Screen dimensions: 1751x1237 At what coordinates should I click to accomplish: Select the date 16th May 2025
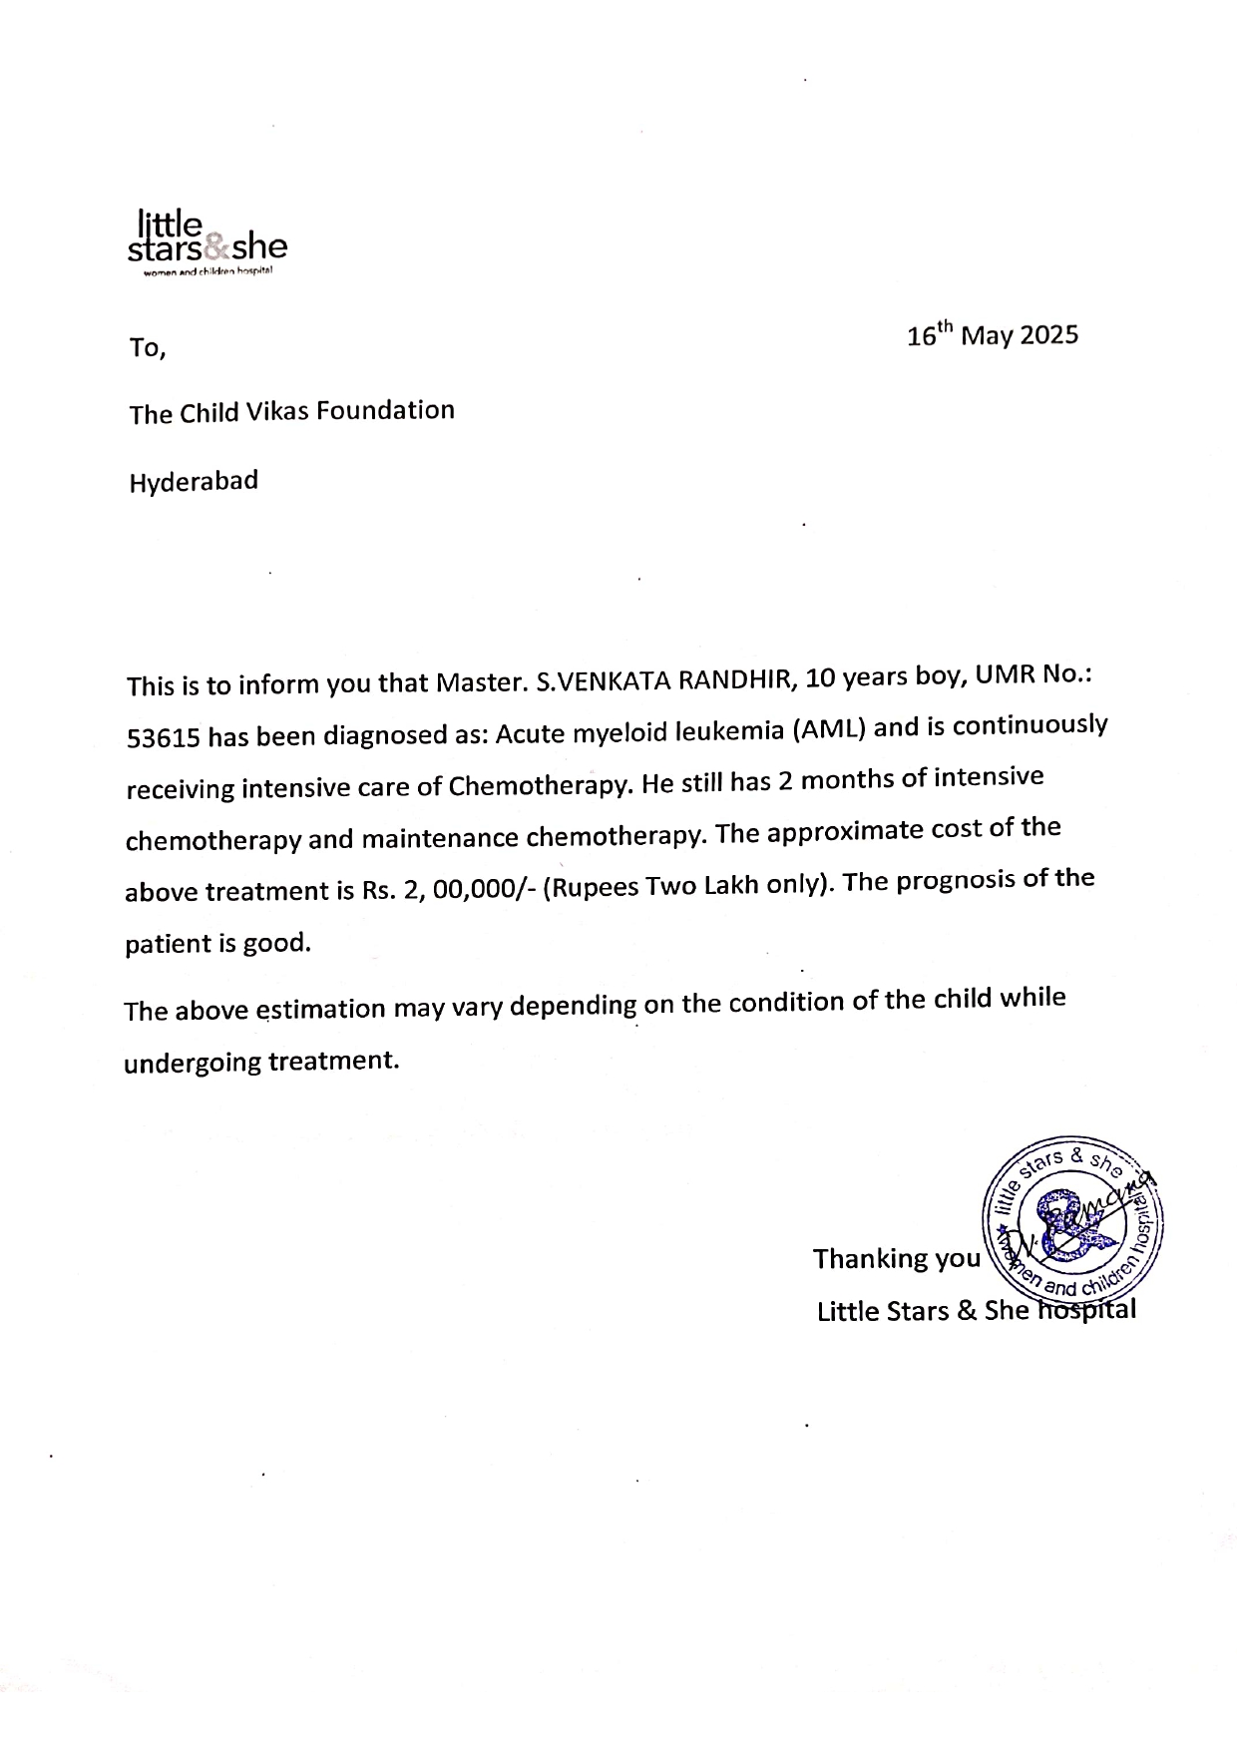coord(992,334)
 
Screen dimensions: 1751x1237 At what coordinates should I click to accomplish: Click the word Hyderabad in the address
coord(194,482)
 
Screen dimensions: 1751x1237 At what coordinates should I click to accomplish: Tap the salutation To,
coord(147,348)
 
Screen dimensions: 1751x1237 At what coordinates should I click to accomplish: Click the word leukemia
coord(730,731)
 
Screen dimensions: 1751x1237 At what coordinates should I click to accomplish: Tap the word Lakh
coord(732,885)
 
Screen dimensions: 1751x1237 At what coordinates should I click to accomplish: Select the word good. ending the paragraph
coord(277,943)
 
